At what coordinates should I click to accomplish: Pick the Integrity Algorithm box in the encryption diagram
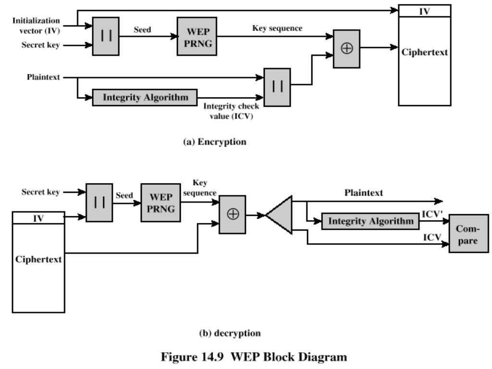(146, 97)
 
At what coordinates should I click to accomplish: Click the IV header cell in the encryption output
(424, 11)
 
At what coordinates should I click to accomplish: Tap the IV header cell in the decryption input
(39, 218)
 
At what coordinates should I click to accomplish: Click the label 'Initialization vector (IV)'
(37, 25)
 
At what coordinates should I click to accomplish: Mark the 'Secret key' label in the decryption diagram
(41, 193)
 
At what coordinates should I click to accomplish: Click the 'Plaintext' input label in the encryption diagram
(43, 77)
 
